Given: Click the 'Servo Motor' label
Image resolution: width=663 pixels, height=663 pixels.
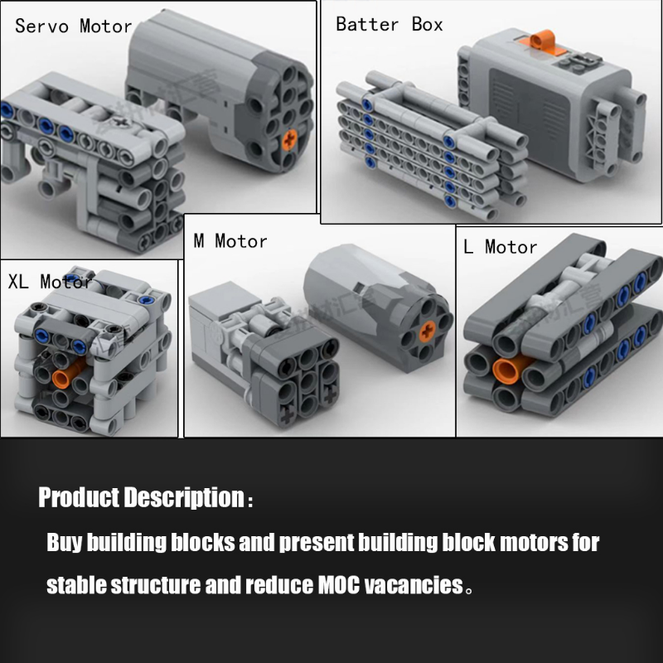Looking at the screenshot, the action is pyautogui.click(x=74, y=27).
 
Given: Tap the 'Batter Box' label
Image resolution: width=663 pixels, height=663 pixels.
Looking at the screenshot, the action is pyautogui.click(x=389, y=24).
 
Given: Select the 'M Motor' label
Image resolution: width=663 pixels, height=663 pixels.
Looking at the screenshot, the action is pyautogui.click(x=230, y=241).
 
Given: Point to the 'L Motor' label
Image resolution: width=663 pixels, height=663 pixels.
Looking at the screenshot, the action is pyautogui.click(x=501, y=246).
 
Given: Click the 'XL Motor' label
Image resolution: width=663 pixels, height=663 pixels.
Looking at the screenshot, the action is pyautogui.click(x=51, y=282).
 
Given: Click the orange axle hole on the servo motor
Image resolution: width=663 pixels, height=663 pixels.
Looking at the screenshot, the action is pyautogui.click(x=289, y=140).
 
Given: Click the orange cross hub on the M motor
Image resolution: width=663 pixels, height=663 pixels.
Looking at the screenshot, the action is pyautogui.click(x=428, y=331).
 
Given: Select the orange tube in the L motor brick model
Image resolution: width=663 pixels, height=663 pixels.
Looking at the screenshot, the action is pyautogui.click(x=511, y=368).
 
